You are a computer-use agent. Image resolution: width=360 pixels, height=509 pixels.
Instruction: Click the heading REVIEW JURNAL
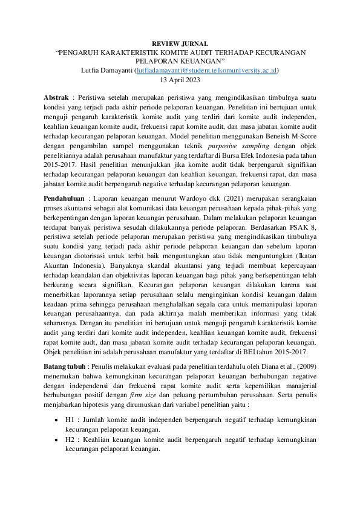180,44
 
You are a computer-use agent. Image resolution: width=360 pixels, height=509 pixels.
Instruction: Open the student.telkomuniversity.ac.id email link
207,70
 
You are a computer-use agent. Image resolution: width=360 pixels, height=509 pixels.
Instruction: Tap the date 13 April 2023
180,79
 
